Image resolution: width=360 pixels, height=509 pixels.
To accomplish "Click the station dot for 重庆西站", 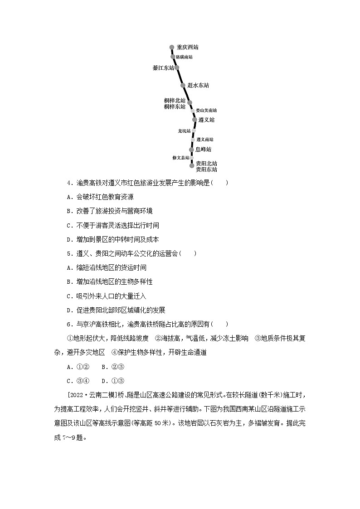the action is (172, 47).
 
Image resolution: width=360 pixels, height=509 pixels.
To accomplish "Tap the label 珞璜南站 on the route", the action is (184, 57).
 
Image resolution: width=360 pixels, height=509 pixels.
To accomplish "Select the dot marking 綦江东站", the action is (177, 68).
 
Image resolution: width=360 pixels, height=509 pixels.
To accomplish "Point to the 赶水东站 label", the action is (198, 85).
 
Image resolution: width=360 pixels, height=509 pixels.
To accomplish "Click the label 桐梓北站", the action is (175, 101).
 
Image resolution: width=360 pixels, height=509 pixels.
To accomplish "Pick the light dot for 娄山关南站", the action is (193, 111).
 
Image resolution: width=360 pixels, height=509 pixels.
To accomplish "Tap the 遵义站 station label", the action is (206, 120).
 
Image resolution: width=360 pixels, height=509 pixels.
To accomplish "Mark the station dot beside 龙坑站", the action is (194, 131).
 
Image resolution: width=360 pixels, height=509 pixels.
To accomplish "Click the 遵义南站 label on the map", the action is (205, 140).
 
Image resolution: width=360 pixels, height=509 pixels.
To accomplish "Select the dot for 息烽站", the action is (191, 149).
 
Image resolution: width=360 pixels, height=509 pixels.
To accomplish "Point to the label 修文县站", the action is (180, 158).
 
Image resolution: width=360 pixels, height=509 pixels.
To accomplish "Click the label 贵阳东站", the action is (206, 170).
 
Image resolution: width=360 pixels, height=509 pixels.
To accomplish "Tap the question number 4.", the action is (69, 183).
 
